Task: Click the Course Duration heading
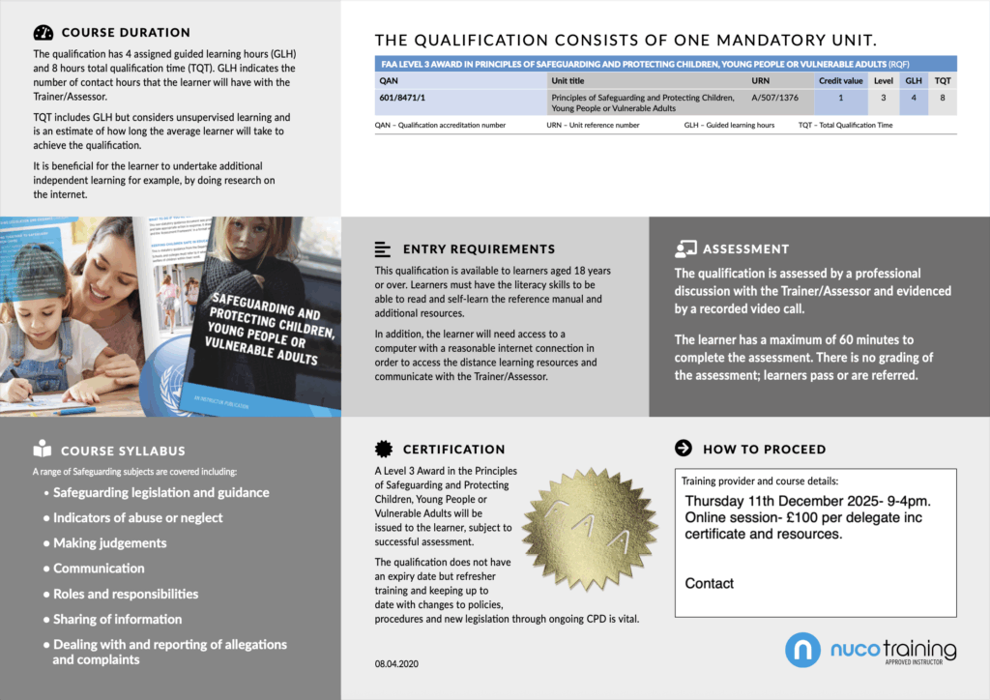[126, 32]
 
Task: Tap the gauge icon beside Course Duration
[43, 32]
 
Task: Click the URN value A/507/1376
[776, 98]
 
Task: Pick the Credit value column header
[840, 80]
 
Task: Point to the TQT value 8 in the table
[943, 98]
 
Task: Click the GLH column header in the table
[914, 80]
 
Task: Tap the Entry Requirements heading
[479, 248]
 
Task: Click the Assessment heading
[745, 248]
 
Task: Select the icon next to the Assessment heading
[686, 248]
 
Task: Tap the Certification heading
[453, 449]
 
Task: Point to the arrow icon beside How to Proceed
[684, 449]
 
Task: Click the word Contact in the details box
[709, 583]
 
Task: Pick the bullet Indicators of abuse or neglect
[137, 518]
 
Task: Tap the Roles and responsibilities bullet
[126, 594]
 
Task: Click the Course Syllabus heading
[123, 451]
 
